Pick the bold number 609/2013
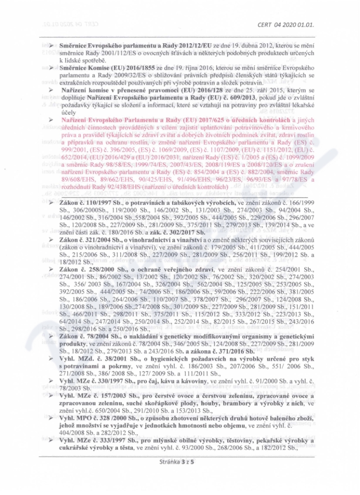(x=234, y=98)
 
